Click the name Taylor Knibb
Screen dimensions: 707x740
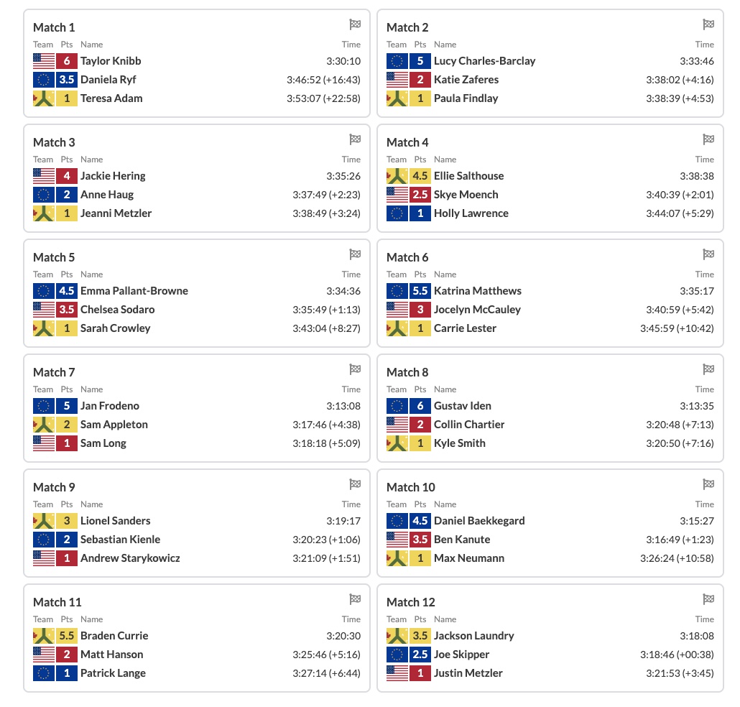tap(111, 61)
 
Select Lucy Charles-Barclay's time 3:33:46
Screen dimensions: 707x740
tap(697, 61)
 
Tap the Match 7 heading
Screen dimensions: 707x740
tap(54, 372)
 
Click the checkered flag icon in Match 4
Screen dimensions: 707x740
tap(708, 139)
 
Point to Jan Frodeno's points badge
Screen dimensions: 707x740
tap(67, 406)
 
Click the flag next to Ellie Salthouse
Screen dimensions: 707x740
tap(397, 176)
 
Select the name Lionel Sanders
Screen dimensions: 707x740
tap(115, 521)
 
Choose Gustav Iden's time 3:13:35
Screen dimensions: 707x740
tap(697, 406)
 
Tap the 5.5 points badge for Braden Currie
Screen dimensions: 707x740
tap(67, 636)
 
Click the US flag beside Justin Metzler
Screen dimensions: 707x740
tap(397, 673)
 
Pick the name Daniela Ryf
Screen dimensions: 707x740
tap(108, 80)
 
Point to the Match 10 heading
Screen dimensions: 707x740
tap(410, 487)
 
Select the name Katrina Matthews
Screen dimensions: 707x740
tap(478, 291)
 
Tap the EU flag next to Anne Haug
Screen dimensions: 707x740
tap(44, 195)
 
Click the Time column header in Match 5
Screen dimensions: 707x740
tap(351, 274)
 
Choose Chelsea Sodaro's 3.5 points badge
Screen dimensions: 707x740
tap(67, 310)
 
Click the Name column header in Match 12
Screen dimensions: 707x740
tap(445, 619)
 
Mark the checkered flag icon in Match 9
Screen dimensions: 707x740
tap(355, 484)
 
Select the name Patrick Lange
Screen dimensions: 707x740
tap(113, 673)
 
